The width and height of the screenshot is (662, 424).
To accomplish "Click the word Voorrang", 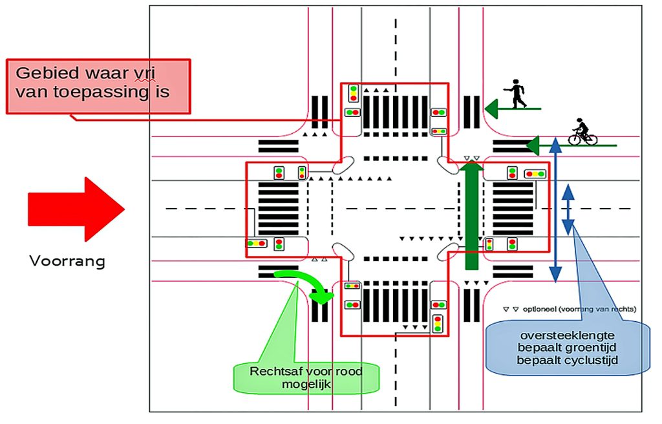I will click(x=67, y=262).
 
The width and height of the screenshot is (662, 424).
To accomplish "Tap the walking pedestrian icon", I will click(x=516, y=94).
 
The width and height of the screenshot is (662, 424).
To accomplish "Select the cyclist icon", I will click(x=582, y=132).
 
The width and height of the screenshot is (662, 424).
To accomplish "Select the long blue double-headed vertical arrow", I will click(x=555, y=209).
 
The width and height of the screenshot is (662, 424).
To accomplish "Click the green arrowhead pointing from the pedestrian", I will click(x=492, y=108).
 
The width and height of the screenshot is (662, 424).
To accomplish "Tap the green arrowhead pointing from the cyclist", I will click(x=533, y=145).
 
